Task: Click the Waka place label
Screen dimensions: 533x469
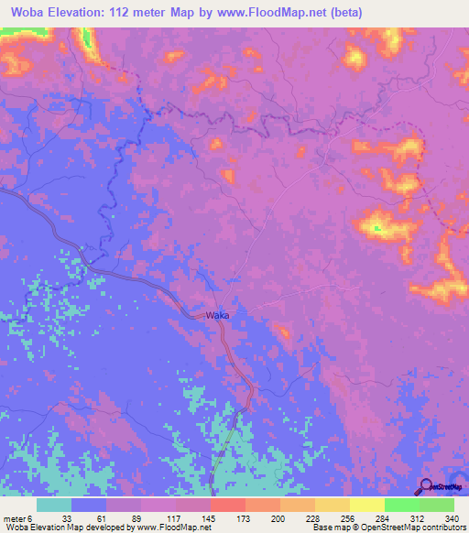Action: point(217,315)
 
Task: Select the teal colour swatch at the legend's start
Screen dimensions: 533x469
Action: point(54,505)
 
